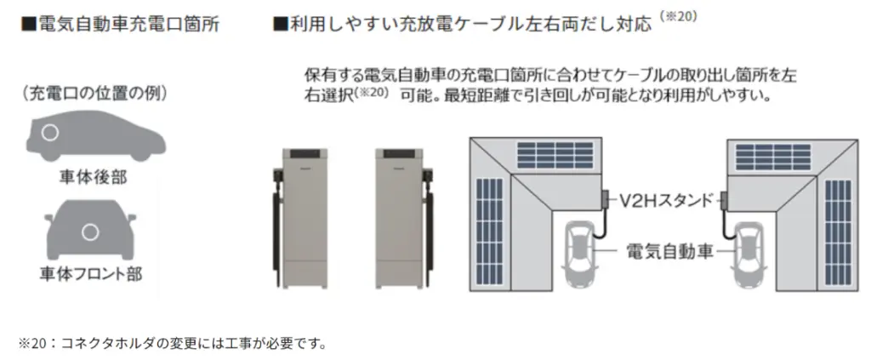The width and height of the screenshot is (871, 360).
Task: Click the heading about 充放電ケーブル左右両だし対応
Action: (464, 24)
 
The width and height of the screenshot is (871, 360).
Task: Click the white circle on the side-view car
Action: (51, 134)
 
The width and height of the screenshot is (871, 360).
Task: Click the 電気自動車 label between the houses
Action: (667, 251)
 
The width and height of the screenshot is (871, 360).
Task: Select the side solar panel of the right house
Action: (837, 231)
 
